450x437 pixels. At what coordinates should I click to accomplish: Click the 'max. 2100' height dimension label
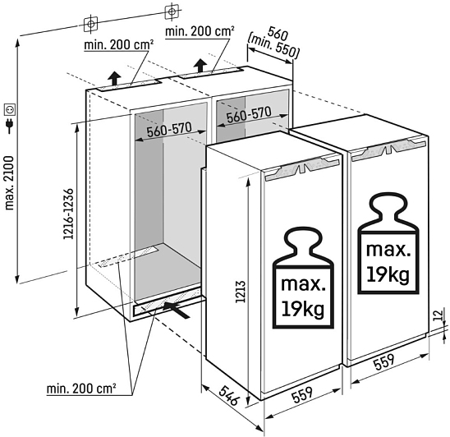pos(10,183)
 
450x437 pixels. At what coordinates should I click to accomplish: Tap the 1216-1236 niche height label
pos(69,214)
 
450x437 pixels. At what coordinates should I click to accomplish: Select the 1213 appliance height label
pos(241,292)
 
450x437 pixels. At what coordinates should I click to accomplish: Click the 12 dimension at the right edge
pos(438,315)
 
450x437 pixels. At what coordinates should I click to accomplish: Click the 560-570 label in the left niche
pos(169,130)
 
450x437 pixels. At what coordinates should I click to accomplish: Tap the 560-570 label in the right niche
pos(249,114)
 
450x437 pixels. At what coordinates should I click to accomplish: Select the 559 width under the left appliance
pos(302,395)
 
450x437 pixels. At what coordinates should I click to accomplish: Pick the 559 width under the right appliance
pos(384,361)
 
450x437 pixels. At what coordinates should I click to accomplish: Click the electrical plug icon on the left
pos(10,125)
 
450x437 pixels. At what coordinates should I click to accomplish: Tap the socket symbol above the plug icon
pos(10,109)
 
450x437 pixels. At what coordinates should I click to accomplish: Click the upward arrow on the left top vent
pos(114,78)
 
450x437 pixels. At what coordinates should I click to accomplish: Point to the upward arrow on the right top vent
pos(200,66)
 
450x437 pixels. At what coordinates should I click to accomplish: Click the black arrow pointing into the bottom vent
pos(177,310)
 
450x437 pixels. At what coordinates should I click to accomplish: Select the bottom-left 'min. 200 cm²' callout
pos(81,389)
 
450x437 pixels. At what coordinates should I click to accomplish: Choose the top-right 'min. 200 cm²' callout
pos(200,31)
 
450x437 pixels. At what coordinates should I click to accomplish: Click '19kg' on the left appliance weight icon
pos(303,309)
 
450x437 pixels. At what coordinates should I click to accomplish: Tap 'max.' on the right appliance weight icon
pos(388,250)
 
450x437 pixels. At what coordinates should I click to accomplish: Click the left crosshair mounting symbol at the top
pos(90,24)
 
